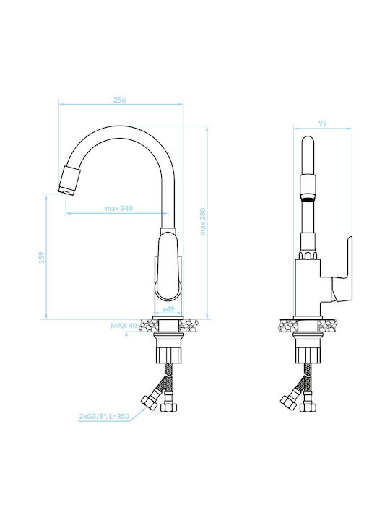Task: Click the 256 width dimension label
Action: click(120, 100)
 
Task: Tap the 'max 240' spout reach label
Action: click(118, 208)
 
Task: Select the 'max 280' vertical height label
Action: click(203, 222)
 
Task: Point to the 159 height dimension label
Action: click(41, 258)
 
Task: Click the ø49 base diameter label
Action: click(168, 309)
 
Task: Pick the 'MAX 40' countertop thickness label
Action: click(123, 326)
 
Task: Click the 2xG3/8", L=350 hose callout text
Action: click(104, 416)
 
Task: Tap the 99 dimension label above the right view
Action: click(323, 123)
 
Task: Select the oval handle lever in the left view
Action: click(168, 265)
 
